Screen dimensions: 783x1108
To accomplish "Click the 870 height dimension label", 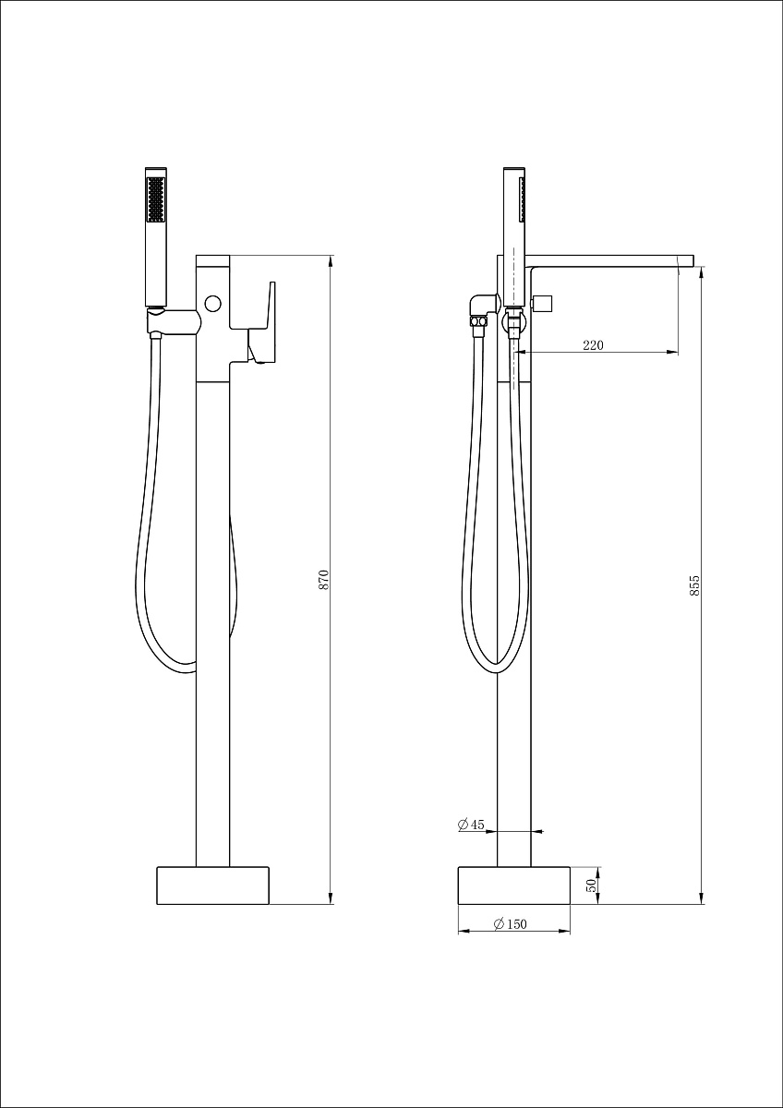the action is (323, 579).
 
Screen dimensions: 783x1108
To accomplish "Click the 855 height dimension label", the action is (694, 584).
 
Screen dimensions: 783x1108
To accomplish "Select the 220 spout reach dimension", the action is (593, 344).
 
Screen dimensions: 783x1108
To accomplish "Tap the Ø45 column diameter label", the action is (471, 824).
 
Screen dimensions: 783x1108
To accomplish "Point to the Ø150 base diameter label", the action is (511, 923).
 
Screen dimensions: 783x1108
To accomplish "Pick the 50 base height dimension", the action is (591, 885).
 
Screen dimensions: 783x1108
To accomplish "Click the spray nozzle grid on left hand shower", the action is (156, 199).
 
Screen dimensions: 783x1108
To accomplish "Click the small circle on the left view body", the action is (212, 303).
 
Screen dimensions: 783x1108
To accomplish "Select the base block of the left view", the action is (212, 885).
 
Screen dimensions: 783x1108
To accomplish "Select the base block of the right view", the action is (514, 885).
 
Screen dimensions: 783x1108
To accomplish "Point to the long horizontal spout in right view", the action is (610, 260).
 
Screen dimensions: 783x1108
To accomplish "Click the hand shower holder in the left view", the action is (174, 321).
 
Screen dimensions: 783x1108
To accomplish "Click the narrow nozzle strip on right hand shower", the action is (521, 199).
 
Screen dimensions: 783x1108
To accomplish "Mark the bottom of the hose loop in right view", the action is (496, 673).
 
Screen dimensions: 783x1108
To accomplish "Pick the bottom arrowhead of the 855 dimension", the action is (701, 898).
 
